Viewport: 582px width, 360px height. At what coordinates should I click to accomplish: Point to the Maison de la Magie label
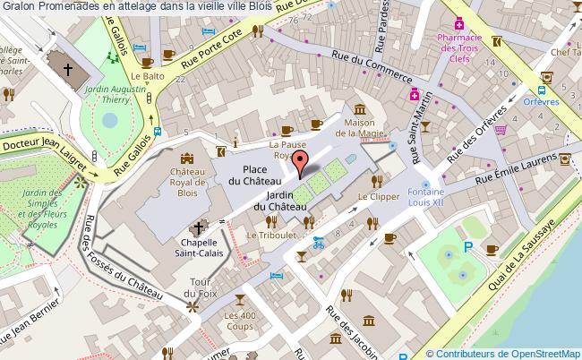pyautogui.click(x=364, y=128)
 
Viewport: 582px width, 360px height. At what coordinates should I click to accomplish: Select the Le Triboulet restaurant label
pyautogui.click(x=270, y=235)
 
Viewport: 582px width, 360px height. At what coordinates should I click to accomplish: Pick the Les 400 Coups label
pyautogui.click(x=242, y=321)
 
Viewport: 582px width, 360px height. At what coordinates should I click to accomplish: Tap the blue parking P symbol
pyautogui.click(x=466, y=247)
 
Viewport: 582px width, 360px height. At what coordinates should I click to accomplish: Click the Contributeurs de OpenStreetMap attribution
pyautogui.click(x=504, y=353)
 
